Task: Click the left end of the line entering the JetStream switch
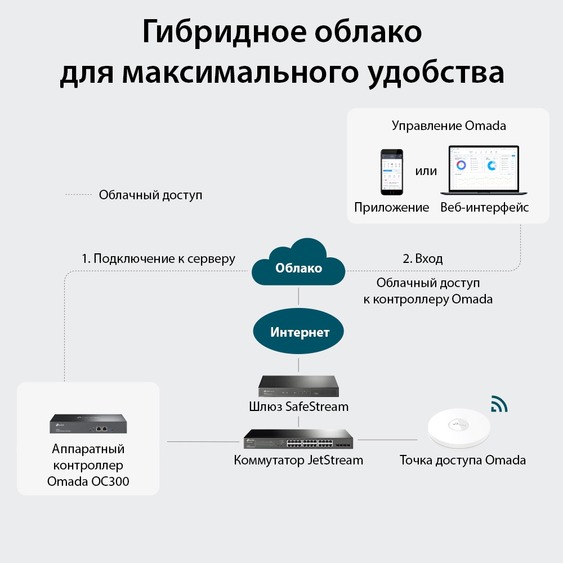tap(168, 441)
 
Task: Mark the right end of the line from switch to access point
tap(417, 440)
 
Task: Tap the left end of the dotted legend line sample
tap(65, 195)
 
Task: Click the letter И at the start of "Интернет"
tap(275, 332)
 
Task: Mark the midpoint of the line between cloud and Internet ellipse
tap(298, 296)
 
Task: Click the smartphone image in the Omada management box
tap(392, 172)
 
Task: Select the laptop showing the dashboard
tap(484, 170)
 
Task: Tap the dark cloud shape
tap(298, 262)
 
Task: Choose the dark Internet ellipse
tap(298, 331)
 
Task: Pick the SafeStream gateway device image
tap(298, 386)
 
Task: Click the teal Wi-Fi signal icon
tap(499, 404)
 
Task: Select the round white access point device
tap(459, 428)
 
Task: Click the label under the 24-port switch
tap(298, 461)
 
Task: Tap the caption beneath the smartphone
tap(392, 208)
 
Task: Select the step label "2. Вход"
tap(423, 258)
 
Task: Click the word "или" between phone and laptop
tap(426, 171)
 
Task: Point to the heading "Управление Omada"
tap(449, 126)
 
